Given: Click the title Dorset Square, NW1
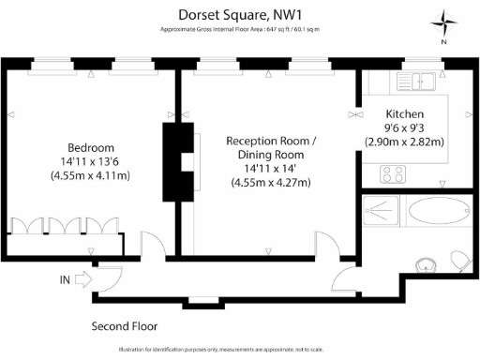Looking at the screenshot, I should coord(240,14).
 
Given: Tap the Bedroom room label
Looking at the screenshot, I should coord(90,148).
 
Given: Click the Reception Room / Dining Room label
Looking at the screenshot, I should coord(271,147).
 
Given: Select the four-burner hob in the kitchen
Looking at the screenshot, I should coord(393,173).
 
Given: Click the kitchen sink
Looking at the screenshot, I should coord(432,82).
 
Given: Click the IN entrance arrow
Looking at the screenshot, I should coord(82,278).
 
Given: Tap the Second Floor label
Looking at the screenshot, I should coord(124,326).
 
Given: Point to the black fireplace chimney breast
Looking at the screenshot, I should coord(174,162).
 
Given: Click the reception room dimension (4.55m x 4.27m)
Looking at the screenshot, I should coord(271,183).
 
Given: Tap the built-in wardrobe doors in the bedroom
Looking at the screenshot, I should coord(64,228).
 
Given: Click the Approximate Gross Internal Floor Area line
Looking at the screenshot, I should coord(240,30).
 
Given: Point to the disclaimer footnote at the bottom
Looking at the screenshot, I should coord(240,350).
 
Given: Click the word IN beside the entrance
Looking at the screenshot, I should coord(64,279).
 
